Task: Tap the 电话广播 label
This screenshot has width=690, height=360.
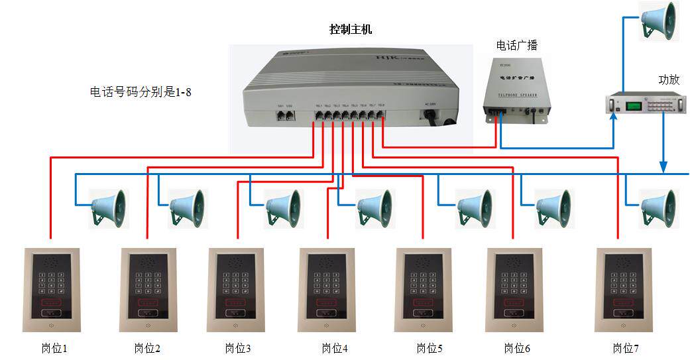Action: point(517,45)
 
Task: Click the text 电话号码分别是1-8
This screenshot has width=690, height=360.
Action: point(141,91)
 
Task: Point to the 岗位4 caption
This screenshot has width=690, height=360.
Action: point(334,348)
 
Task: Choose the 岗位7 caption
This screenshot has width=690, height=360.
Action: point(626,348)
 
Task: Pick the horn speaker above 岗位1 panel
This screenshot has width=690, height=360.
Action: point(108,208)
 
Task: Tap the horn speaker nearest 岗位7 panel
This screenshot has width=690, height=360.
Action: point(659,208)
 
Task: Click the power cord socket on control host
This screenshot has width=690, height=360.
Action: point(431,115)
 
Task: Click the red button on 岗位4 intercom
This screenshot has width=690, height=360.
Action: point(327,302)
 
